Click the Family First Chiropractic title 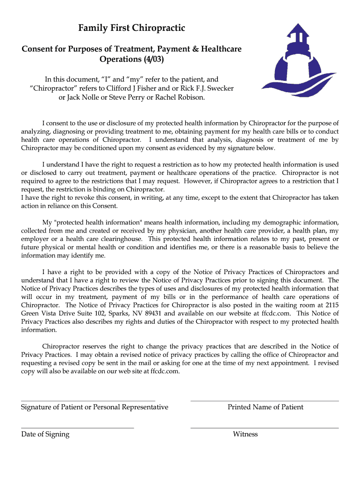(131, 29)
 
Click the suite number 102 (103, 313)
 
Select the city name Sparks (122, 313)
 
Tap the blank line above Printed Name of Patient (265, 401)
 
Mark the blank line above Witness (265, 428)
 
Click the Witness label (245, 434)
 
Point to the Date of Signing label (45, 434)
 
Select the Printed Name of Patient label (265, 407)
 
